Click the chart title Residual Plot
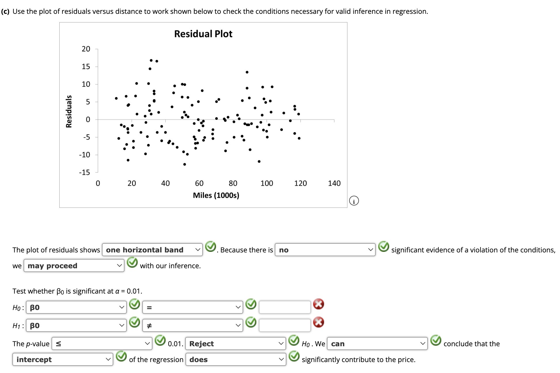pos(203,34)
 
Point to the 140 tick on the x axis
pos(334,183)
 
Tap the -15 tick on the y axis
pos(85,172)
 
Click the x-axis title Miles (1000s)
pos(216,195)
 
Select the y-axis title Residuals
pos(69,111)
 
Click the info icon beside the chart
pos(354,201)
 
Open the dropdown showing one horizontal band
pos(152,250)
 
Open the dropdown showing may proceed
pos(74,266)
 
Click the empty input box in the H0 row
pos(285,307)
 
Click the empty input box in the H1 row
pos(285,325)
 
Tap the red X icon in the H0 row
pos(319,304)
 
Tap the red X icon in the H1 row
pos(319,322)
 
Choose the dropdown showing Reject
pos(236,344)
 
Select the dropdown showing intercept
pos(63,359)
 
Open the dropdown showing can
pos(377,344)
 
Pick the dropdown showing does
pos(236,359)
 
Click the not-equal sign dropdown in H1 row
pos(192,326)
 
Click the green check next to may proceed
pos(132,262)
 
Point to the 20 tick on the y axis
pos(86,49)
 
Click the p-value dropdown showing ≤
pos(102,344)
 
